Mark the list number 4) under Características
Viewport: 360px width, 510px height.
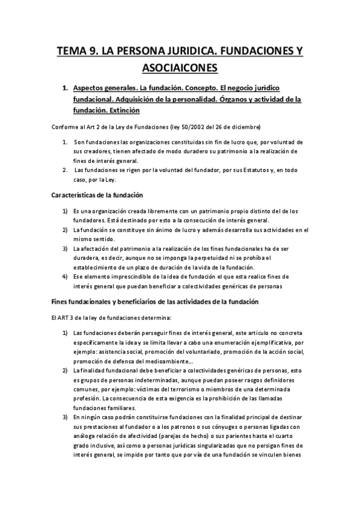point(65,277)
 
